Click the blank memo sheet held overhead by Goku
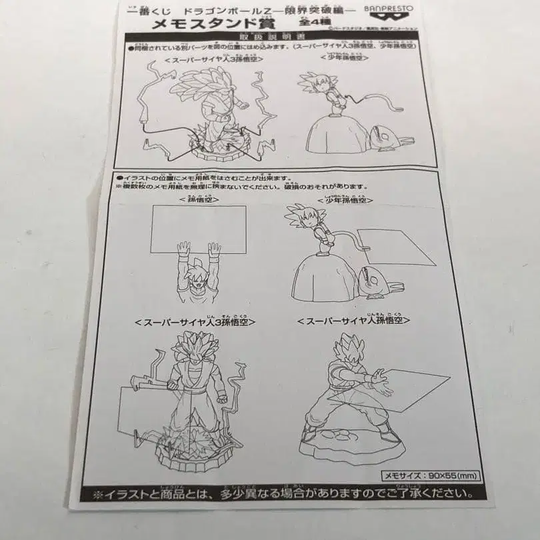[197, 229]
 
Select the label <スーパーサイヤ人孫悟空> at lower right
[353, 321]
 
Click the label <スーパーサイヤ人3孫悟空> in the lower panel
[195, 322]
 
